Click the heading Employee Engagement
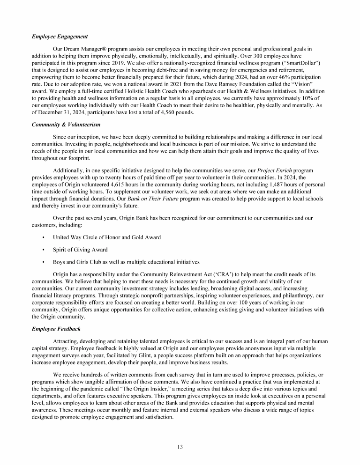(60, 37)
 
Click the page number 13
(180, 447)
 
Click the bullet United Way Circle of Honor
(107, 237)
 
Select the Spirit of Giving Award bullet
(80, 250)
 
